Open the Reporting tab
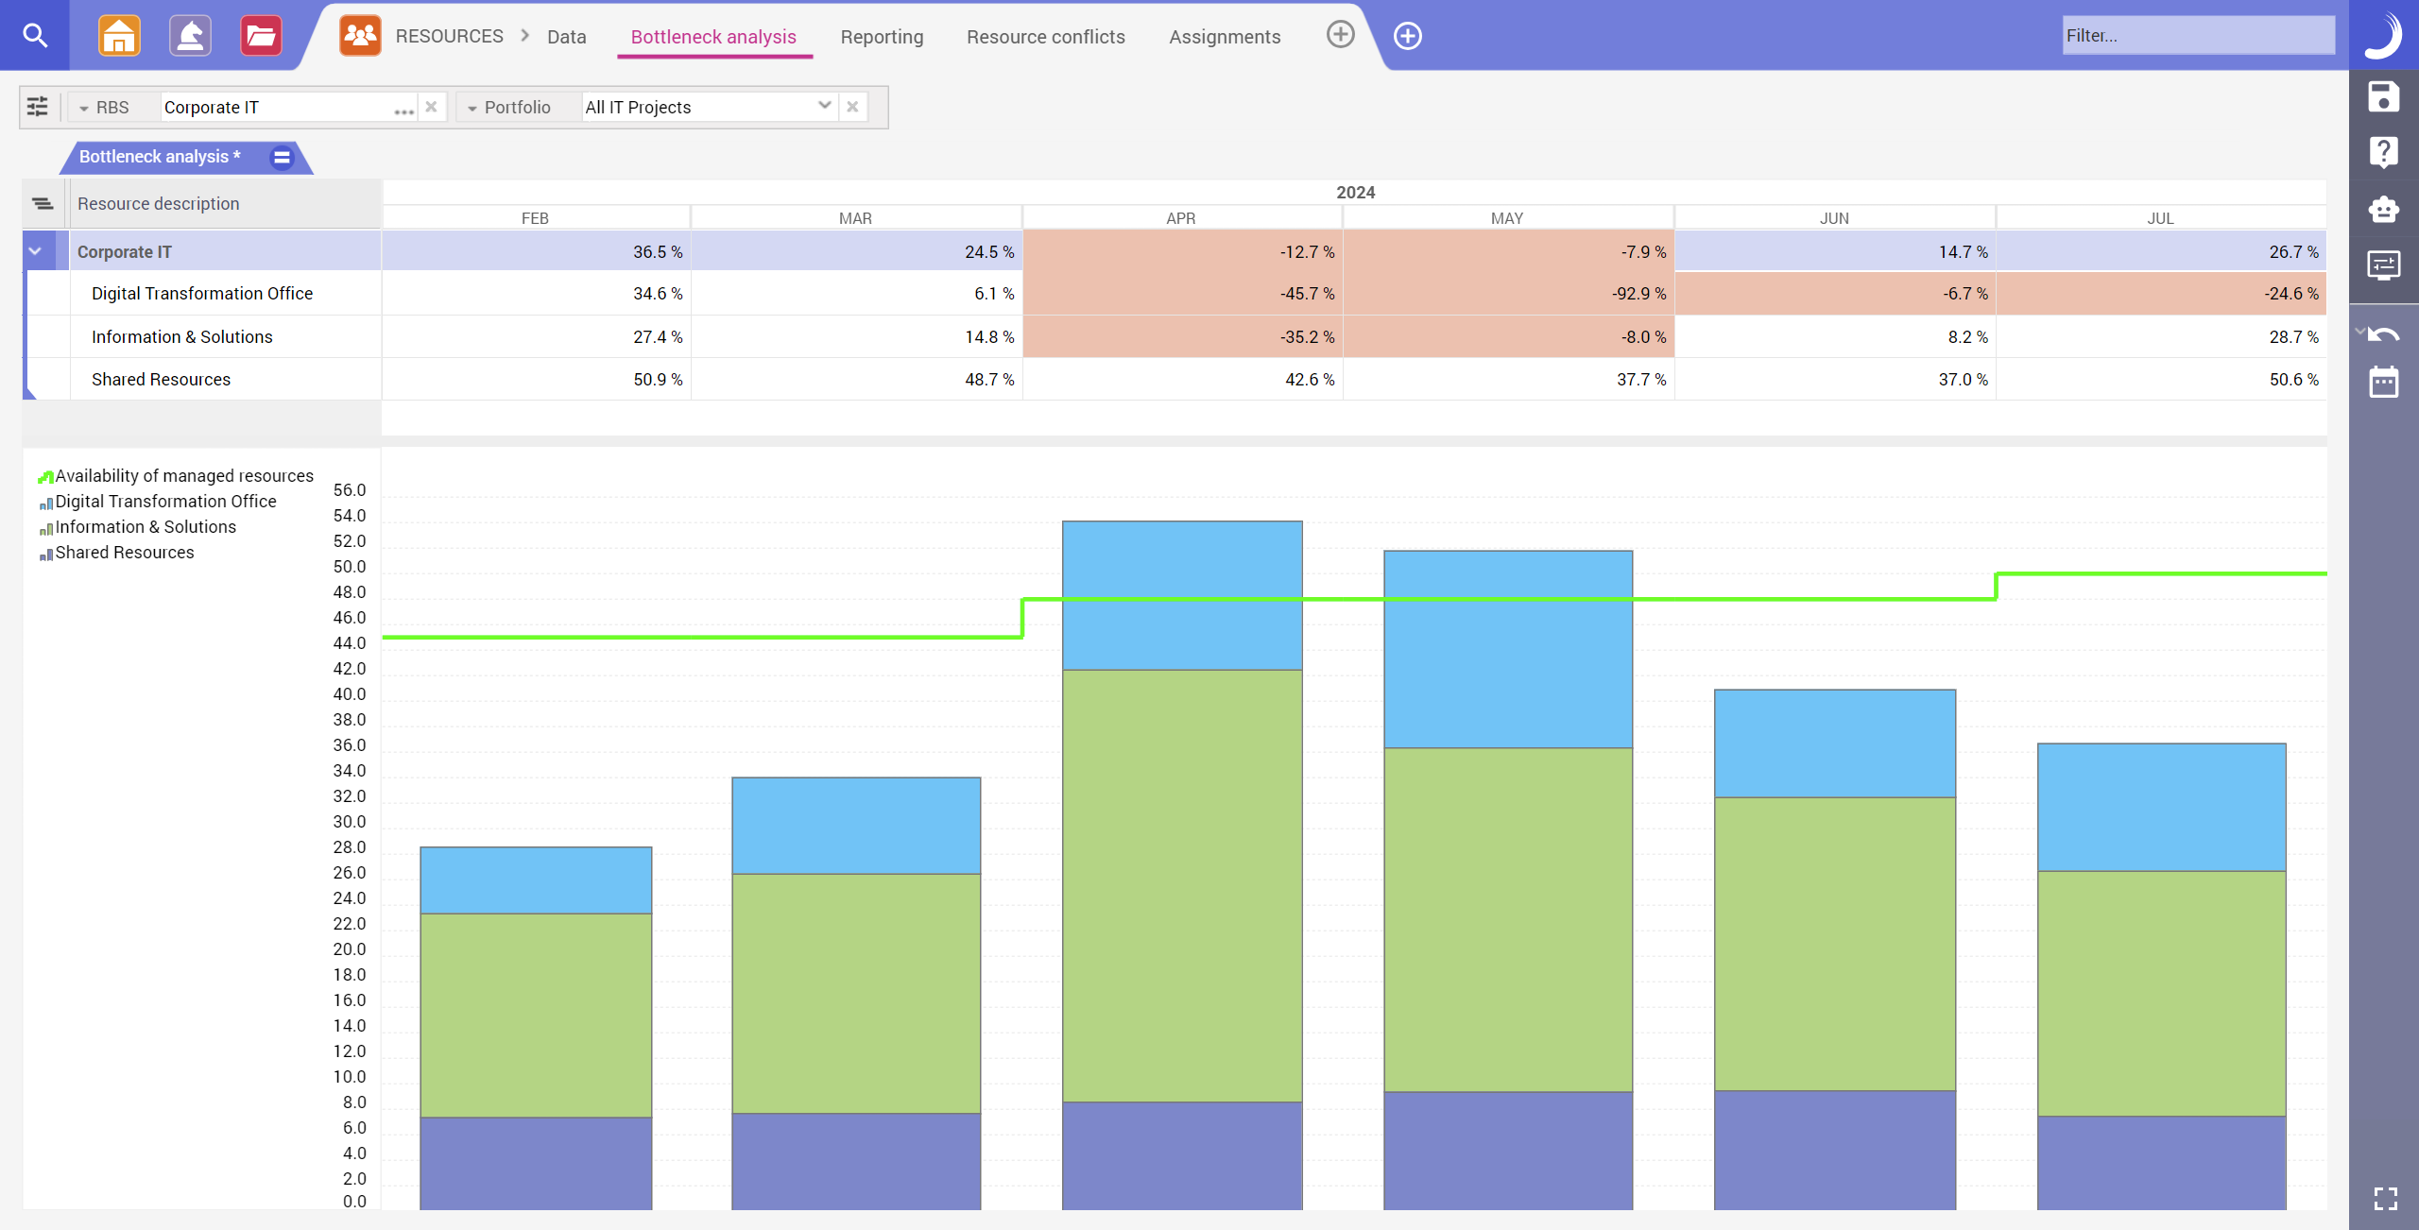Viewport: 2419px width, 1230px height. tap(882, 37)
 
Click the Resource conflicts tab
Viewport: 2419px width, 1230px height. tap(1045, 37)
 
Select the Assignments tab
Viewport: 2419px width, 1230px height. tap(1225, 37)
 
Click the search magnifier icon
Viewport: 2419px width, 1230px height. tap(35, 36)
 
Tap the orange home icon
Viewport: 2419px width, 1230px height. tap(119, 36)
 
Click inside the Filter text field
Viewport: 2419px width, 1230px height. tap(2197, 36)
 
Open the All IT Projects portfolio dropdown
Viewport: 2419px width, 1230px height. tap(824, 106)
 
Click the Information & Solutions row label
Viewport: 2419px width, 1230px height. tap(181, 337)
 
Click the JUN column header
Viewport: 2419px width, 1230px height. tap(1833, 218)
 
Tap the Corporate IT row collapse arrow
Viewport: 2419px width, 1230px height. tap(35, 251)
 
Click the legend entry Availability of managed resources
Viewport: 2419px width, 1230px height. tap(183, 476)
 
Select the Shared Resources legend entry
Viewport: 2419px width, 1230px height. tap(124, 553)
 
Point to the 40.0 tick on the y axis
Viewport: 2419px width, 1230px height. tap(349, 694)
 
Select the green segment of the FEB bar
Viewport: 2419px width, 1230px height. tap(535, 1016)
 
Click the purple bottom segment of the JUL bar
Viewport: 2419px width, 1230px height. tap(2161, 1162)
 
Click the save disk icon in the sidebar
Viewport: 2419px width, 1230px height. tap(2382, 97)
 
